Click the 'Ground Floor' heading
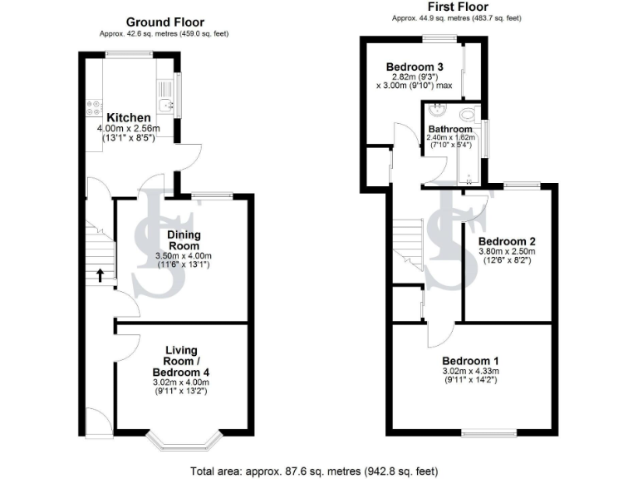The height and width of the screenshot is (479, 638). [164, 22]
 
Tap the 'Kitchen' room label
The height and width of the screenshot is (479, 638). [127, 117]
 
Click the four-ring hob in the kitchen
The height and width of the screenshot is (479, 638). [91, 106]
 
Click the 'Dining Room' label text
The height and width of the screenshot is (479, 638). [184, 240]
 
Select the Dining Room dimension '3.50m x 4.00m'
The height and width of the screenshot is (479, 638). [184, 255]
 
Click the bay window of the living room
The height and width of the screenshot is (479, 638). [189, 442]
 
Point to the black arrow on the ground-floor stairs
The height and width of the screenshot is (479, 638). [101, 274]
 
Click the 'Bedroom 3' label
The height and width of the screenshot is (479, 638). [414, 67]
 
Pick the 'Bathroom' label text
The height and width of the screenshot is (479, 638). [449, 130]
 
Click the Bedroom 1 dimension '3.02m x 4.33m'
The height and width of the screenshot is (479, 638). [474, 371]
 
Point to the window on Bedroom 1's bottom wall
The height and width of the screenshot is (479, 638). [488, 432]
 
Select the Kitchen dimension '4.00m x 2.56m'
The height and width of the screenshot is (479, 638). [128, 129]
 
